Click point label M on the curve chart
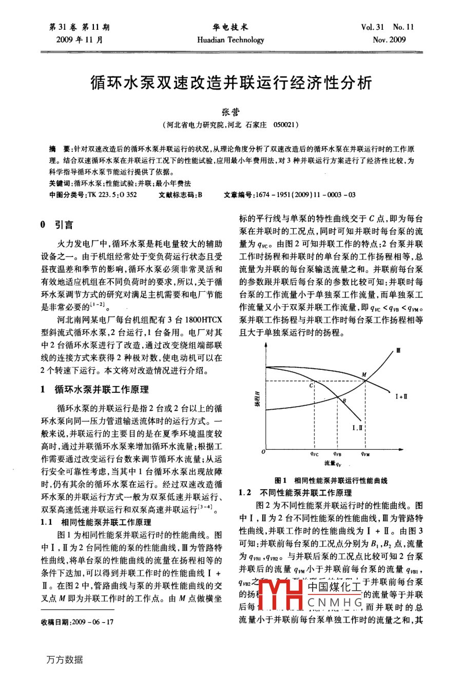[364, 375]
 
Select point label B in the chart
[344, 401]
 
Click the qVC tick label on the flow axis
[314, 453]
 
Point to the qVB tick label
[337, 453]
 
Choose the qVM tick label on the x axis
[365, 453]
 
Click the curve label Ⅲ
[398, 351]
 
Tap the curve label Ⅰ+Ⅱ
[401, 396]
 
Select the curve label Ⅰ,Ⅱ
[358, 427]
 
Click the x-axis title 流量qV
[333, 464]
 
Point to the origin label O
[263, 452]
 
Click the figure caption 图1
[281, 481]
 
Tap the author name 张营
[230, 111]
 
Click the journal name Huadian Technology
[230, 40]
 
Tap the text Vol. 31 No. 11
[387, 27]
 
